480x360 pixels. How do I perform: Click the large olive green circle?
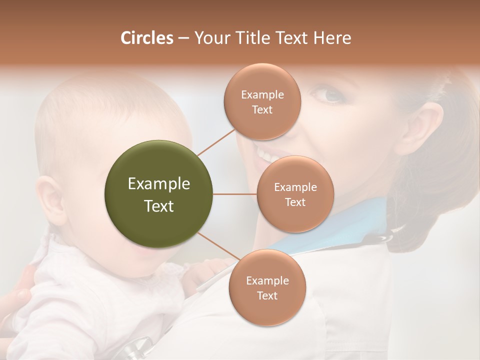[x=158, y=194]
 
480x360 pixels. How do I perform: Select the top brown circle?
[x=262, y=101]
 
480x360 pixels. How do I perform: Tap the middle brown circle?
[x=295, y=194]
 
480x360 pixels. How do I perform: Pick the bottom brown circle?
[x=267, y=287]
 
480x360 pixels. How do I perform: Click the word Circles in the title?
[x=146, y=38]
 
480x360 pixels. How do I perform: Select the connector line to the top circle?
[x=216, y=142]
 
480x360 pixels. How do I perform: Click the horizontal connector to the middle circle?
[x=234, y=194]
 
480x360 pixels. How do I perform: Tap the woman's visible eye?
[x=328, y=94]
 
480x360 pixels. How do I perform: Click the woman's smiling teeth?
[x=262, y=153]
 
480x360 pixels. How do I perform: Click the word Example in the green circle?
[x=158, y=184]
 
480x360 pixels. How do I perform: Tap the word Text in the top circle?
[x=262, y=109]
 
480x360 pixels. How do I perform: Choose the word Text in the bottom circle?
[x=267, y=295]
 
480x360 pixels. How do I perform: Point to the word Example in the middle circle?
[x=295, y=187]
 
